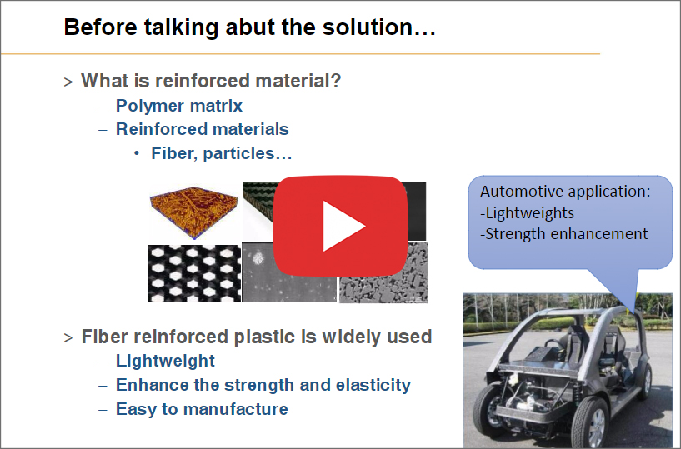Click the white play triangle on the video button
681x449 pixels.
click(341, 227)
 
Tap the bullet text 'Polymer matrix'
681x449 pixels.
click(179, 106)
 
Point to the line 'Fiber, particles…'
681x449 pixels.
click(222, 153)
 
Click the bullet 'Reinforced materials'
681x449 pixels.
click(203, 129)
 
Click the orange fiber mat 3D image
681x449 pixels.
click(194, 212)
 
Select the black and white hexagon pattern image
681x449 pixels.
click(194, 273)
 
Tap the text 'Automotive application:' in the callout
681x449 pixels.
click(565, 192)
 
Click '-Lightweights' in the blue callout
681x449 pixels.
click(528, 213)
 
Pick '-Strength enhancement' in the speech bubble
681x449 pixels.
click(564, 234)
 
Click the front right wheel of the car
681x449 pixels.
click(589, 422)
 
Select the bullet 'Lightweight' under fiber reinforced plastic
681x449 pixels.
click(166, 361)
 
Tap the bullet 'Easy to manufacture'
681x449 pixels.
click(202, 409)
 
